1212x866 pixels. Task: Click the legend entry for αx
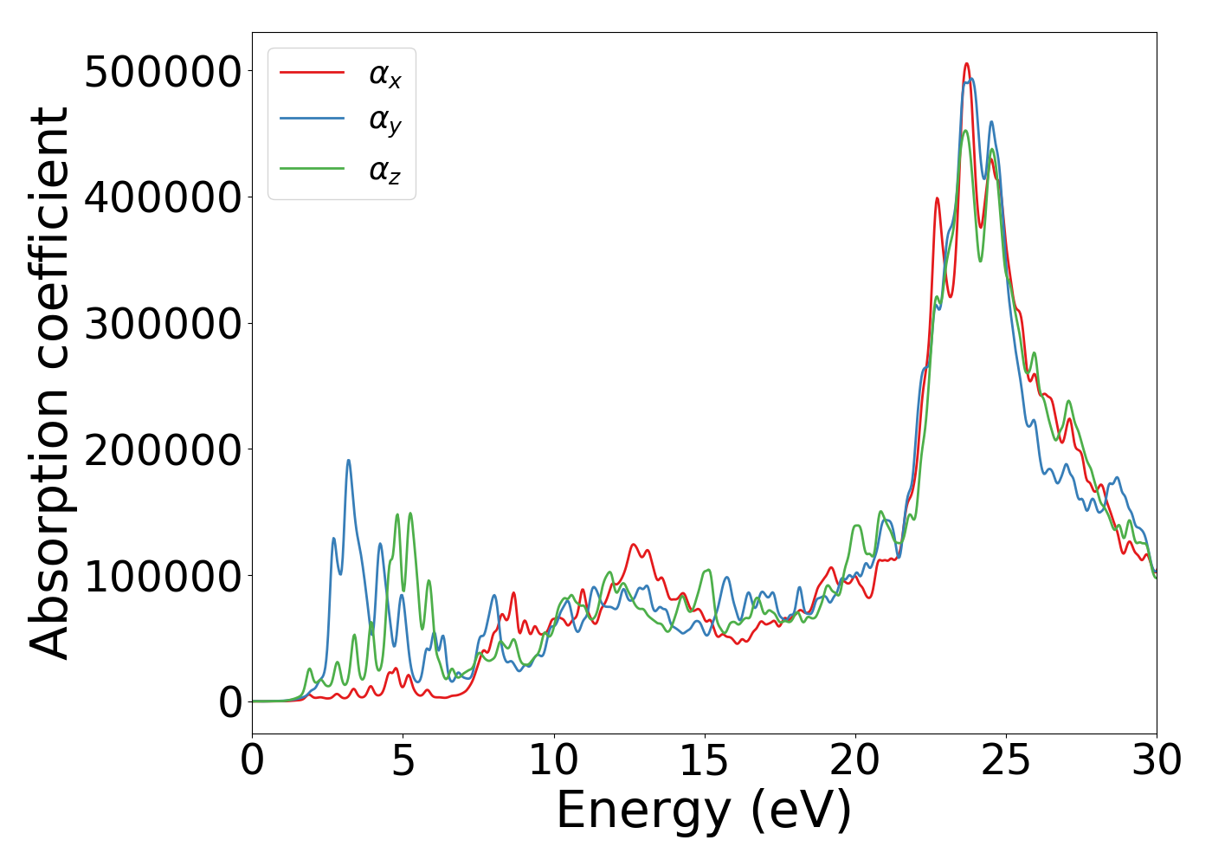(384, 74)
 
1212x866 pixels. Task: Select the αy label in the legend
(384, 121)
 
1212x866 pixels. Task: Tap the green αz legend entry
(384, 171)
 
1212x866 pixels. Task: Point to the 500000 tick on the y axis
(163, 72)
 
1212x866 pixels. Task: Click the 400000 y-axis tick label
(163, 197)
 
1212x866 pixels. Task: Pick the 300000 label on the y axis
(163, 324)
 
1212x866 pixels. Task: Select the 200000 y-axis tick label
(163, 450)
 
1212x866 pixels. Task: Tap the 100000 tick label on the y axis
(163, 576)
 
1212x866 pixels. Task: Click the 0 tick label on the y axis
(230, 702)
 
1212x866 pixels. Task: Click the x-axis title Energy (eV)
(704, 811)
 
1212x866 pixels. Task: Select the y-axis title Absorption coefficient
(50, 383)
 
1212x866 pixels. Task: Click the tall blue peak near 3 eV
(349, 461)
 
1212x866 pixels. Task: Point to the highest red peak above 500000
(967, 64)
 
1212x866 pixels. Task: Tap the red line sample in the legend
(312, 73)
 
